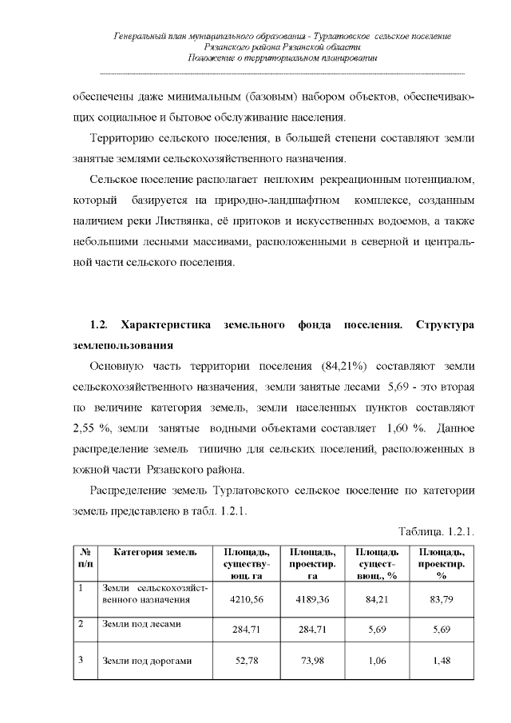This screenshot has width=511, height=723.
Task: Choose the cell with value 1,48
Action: click(441, 661)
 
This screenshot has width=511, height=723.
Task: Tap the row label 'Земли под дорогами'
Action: click(147, 661)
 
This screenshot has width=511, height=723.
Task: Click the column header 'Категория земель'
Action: click(153, 552)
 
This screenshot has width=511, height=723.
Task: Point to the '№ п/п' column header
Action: click(85, 558)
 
